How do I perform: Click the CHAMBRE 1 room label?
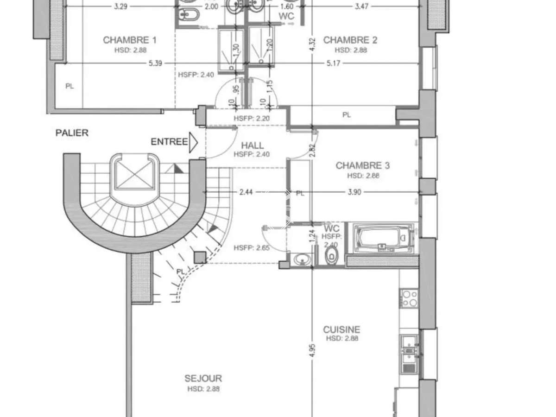pos(129,40)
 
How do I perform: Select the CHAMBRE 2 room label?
pos(350,40)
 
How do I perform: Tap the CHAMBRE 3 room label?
pos(363,165)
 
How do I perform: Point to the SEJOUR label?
pos(203,379)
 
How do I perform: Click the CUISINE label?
pos(341,329)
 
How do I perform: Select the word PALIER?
pos(72,133)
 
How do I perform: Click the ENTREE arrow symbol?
pos(193,142)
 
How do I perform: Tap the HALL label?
pos(252,145)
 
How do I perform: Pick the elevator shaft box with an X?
pos(135,172)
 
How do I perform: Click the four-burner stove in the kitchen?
pos(409,298)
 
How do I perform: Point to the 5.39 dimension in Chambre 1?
pos(155,63)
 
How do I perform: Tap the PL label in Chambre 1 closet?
pos(69,86)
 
